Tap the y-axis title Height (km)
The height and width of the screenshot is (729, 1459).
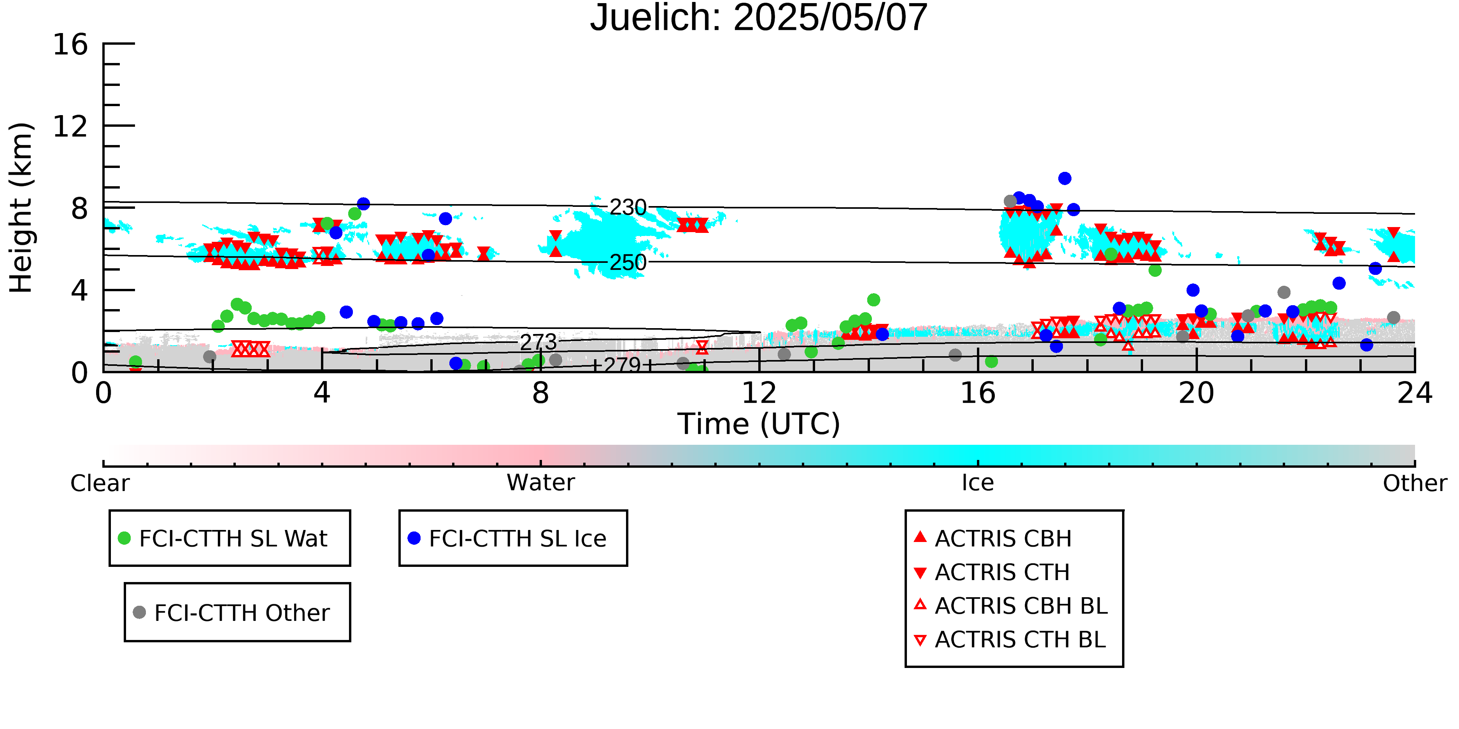(x=21, y=208)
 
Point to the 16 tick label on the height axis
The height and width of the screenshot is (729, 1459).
(x=70, y=44)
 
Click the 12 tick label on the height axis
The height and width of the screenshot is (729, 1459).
(x=70, y=126)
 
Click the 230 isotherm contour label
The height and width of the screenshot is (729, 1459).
(x=628, y=207)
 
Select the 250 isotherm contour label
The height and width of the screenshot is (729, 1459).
(x=628, y=262)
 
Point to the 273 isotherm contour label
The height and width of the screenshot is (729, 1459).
(x=538, y=342)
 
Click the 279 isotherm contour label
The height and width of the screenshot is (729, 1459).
(x=622, y=365)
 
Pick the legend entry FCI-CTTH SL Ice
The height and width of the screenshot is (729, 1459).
(x=507, y=538)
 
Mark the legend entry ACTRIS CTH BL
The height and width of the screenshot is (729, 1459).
(x=1010, y=640)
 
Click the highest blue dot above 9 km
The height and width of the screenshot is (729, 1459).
(x=1065, y=178)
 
